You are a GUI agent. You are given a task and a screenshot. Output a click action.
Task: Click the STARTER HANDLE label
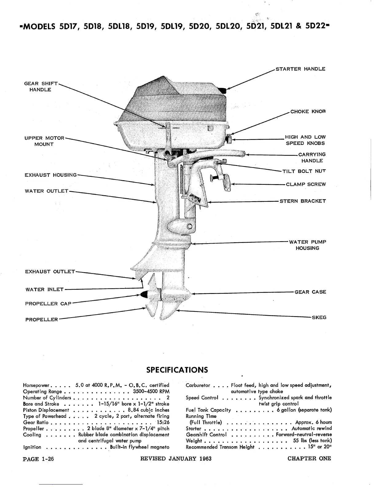(x=300, y=69)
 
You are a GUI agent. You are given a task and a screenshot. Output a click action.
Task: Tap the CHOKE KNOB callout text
(x=307, y=112)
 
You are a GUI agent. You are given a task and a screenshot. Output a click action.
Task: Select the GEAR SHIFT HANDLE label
(x=40, y=87)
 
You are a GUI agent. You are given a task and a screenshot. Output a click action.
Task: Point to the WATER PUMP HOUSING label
(x=307, y=245)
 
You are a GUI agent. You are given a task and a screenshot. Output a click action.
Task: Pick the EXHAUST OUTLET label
(x=50, y=272)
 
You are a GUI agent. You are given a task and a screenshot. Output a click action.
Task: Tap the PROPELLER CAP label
(x=48, y=304)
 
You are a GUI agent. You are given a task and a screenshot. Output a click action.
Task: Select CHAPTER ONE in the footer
(x=309, y=459)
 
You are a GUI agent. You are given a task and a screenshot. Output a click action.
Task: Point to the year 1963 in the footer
(x=205, y=459)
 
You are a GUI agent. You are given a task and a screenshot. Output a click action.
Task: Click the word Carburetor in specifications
(x=198, y=385)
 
